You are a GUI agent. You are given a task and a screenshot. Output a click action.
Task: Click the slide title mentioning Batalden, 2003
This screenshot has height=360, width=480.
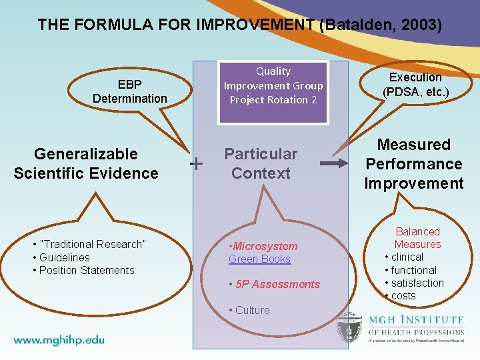click(x=240, y=25)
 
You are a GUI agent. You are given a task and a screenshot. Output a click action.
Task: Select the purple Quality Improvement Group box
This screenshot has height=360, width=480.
click(x=273, y=85)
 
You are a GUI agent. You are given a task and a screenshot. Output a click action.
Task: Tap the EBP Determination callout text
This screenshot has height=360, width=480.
click(x=130, y=91)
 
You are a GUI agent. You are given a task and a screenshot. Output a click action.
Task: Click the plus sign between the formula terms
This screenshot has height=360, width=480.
click(x=197, y=163)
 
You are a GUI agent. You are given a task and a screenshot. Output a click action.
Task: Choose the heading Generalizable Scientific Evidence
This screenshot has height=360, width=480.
click(x=86, y=163)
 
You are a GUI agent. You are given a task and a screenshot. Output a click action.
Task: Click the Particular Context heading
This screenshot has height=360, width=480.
click(x=261, y=163)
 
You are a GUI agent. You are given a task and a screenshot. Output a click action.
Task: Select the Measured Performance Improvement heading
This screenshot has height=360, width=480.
click(x=413, y=164)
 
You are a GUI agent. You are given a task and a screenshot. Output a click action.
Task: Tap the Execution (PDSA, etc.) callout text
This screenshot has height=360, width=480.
click(x=415, y=84)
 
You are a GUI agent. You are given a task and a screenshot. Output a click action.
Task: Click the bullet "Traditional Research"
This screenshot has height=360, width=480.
click(x=91, y=244)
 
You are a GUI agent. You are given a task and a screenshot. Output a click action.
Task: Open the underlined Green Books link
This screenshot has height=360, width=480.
click(x=259, y=259)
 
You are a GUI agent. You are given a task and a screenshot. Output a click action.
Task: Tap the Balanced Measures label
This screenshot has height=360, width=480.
click(x=417, y=238)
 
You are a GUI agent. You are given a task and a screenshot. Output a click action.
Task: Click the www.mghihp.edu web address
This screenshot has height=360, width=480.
click(x=59, y=339)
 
